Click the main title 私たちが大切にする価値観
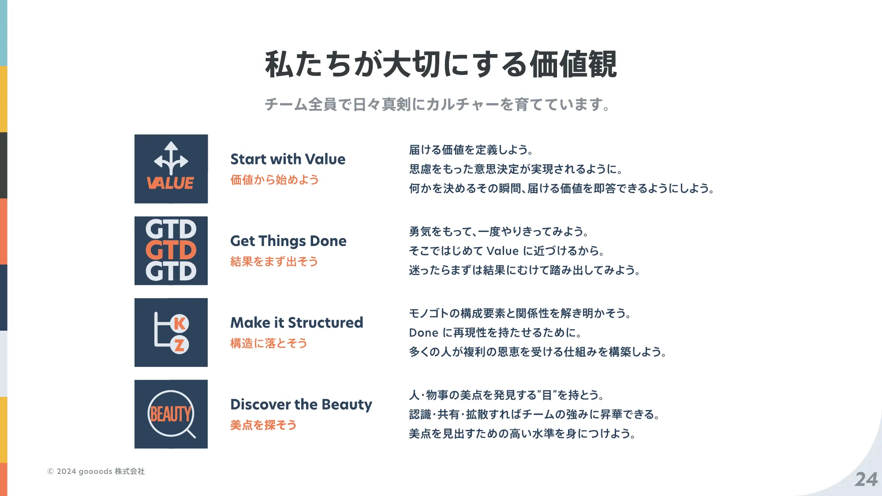point(441,64)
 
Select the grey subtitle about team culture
point(438,104)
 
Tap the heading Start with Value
point(288,159)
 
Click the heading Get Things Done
point(288,241)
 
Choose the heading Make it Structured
point(297,323)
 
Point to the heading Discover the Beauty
point(301,405)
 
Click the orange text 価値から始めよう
point(274,180)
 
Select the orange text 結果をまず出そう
point(274,261)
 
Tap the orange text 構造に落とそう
point(269,343)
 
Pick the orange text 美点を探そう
point(263,425)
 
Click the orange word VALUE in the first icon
point(170,183)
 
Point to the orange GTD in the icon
point(171,250)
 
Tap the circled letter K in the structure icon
point(179,324)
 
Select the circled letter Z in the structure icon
point(179,345)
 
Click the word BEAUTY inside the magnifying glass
point(171,414)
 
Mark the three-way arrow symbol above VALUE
point(171,158)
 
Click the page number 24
point(866,479)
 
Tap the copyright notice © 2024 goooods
point(96,471)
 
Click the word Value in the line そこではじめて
point(503,251)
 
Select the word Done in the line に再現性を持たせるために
point(423,333)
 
